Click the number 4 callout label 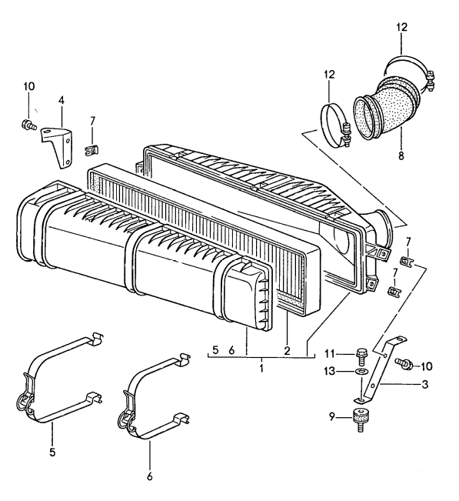coord(62,100)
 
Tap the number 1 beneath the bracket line coord(261,369)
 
